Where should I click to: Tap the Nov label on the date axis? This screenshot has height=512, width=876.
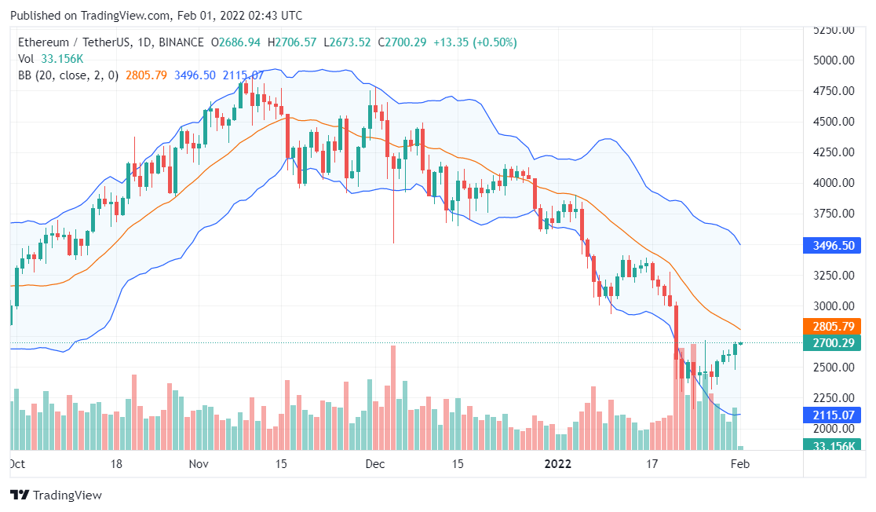pos(199,464)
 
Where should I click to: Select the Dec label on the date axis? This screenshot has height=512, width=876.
pos(375,464)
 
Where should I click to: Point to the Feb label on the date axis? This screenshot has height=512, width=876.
pos(740,464)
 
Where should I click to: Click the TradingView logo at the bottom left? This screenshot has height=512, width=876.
pos(56,496)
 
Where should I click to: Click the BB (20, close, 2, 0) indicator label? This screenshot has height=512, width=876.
pos(69,75)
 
